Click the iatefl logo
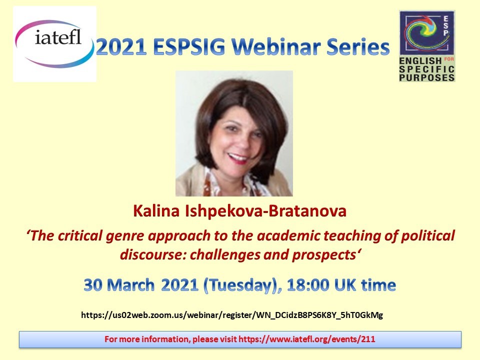pos(55,44)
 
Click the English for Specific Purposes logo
pos(427,46)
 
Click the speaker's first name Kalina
pos(156,211)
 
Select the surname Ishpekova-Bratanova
pos(265,211)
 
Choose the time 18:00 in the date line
pos(308,285)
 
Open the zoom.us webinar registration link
pos(232,315)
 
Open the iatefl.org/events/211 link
pos(306,339)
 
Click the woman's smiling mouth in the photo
pos(238,158)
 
